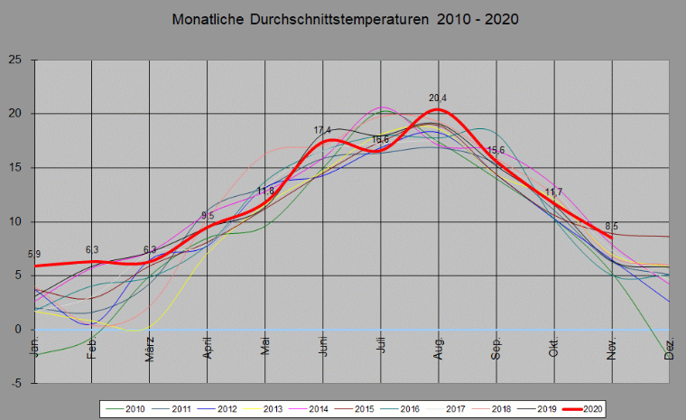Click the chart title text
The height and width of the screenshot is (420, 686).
point(344,20)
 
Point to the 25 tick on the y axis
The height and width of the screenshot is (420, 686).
point(16,60)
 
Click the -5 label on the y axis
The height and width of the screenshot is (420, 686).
point(16,384)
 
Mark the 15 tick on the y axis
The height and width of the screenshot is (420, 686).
point(16,168)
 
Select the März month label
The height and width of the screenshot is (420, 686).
point(150,349)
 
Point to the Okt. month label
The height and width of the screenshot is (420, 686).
point(555,349)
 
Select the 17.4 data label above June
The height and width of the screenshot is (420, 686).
point(322,131)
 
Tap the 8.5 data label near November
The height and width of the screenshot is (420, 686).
point(612,226)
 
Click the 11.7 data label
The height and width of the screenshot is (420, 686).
point(553,191)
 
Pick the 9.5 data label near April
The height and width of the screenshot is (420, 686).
point(208,215)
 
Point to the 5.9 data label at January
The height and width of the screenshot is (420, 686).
point(34,255)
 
